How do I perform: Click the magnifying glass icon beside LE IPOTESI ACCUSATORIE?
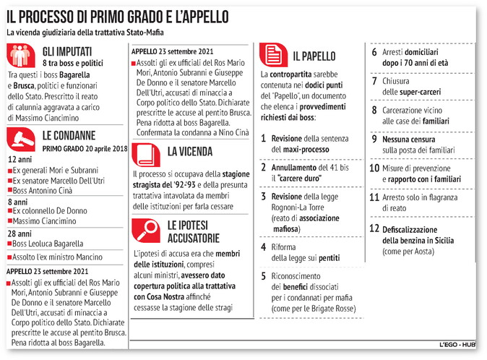147,229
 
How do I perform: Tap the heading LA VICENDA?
191,152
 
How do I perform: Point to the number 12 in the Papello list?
374,228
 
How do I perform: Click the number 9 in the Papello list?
374,139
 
